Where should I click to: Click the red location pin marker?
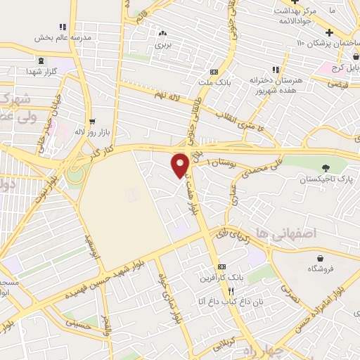pos(180,165)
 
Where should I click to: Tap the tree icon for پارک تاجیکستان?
pos(325,167)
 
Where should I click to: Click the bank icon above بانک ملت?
pos(214,73)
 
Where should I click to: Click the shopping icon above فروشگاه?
pos(321,258)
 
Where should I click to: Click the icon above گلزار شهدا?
pos(40,61)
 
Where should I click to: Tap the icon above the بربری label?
pos(163,32)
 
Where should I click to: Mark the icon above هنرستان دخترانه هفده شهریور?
pos(275,70)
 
